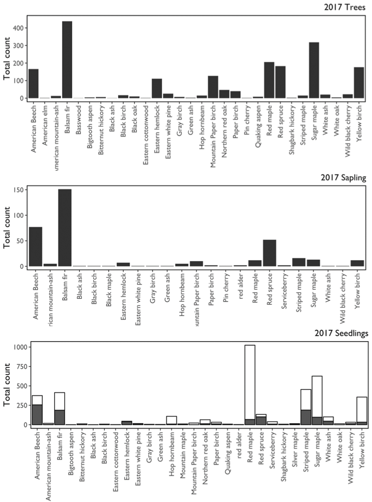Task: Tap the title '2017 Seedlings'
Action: (341, 334)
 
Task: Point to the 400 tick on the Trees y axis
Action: (20, 28)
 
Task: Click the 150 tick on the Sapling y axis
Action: (20, 189)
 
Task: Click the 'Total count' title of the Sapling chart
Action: (7, 228)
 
